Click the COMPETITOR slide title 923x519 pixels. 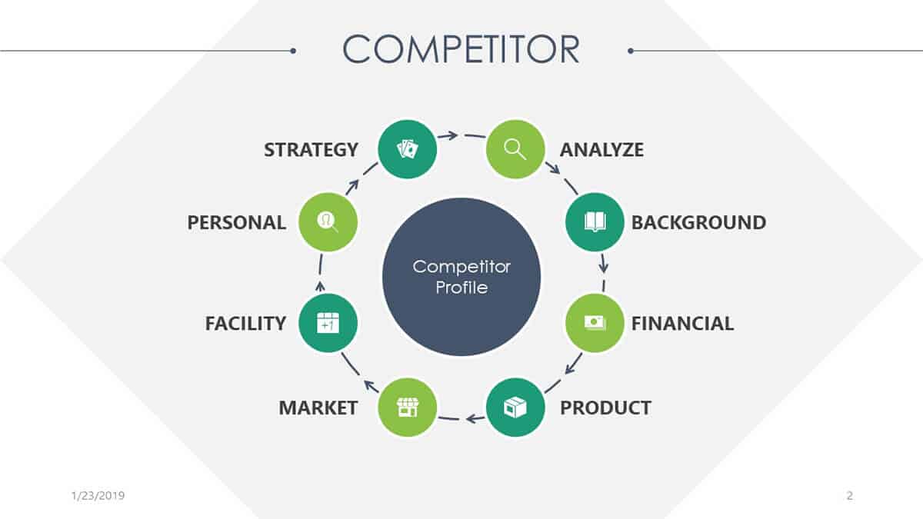[x=461, y=49]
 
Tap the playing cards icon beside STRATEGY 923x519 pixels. [x=407, y=149]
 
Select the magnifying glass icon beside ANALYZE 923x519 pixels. [x=515, y=149]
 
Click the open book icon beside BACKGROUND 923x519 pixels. [x=595, y=222]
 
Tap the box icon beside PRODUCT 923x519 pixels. [x=515, y=408]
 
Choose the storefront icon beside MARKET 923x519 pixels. [x=408, y=408]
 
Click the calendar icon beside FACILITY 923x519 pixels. [x=328, y=322]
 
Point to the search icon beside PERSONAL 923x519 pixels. [x=328, y=222]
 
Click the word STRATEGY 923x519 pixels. [x=311, y=149]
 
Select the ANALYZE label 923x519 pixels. [x=601, y=149]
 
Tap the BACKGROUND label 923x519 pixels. [x=699, y=222]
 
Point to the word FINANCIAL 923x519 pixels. [x=682, y=324]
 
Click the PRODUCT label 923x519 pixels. [x=606, y=408]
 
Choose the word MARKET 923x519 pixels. [x=318, y=408]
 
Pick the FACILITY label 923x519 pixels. [x=245, y=324]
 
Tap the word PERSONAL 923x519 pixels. [x=237, y=222]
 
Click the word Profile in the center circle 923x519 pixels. [x=461, y=288]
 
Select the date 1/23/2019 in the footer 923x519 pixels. [x=98, y=495]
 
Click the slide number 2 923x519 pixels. [x=850, y=495]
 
